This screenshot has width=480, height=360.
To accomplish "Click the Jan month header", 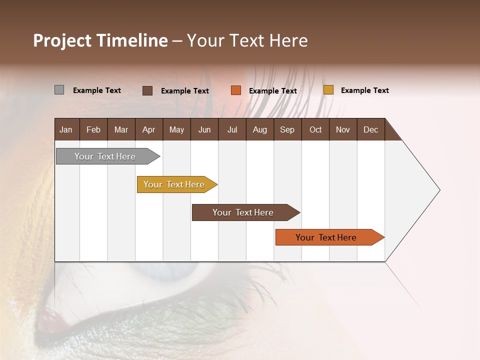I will (66, 129).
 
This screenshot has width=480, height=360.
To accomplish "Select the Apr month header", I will (148, 129).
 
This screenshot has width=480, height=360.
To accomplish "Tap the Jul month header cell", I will (232, 129).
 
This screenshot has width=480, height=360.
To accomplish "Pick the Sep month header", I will (287, 129).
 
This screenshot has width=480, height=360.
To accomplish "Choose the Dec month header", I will (370, 129).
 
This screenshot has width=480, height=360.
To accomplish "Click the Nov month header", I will (342, 129).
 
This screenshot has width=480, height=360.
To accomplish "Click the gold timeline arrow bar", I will (175, 184).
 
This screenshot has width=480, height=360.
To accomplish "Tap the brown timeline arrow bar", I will (244, 212).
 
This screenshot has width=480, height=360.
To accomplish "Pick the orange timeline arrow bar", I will (327, 237).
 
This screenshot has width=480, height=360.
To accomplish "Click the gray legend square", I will (59, 90).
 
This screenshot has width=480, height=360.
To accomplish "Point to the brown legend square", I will (147, 90).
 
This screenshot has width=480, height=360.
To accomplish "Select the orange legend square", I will (236, 90).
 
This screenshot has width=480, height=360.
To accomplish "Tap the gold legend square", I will (328, 90).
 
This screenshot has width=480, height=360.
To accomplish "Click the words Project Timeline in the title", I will (100, 40).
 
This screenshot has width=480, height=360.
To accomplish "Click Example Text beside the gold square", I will (364, 90).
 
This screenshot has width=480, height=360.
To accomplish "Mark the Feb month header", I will (93, 129).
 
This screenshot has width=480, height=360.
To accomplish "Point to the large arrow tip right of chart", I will (425, 190).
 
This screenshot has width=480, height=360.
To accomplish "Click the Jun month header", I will (204, 129).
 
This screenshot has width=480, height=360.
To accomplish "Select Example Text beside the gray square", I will (96, 90).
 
